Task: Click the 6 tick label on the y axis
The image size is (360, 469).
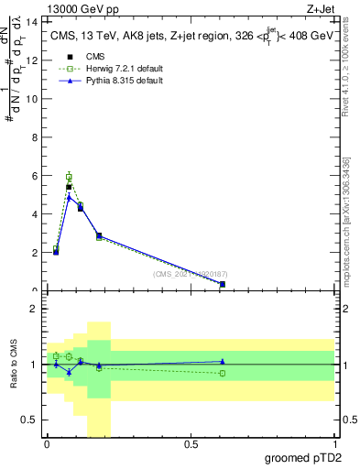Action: (x=34, y=175)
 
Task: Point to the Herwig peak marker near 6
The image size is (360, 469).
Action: (x=69, y=177)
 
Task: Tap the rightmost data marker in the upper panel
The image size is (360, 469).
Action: (x=223, y=284)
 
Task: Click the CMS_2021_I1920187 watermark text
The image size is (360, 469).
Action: (x=191, y=273)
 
